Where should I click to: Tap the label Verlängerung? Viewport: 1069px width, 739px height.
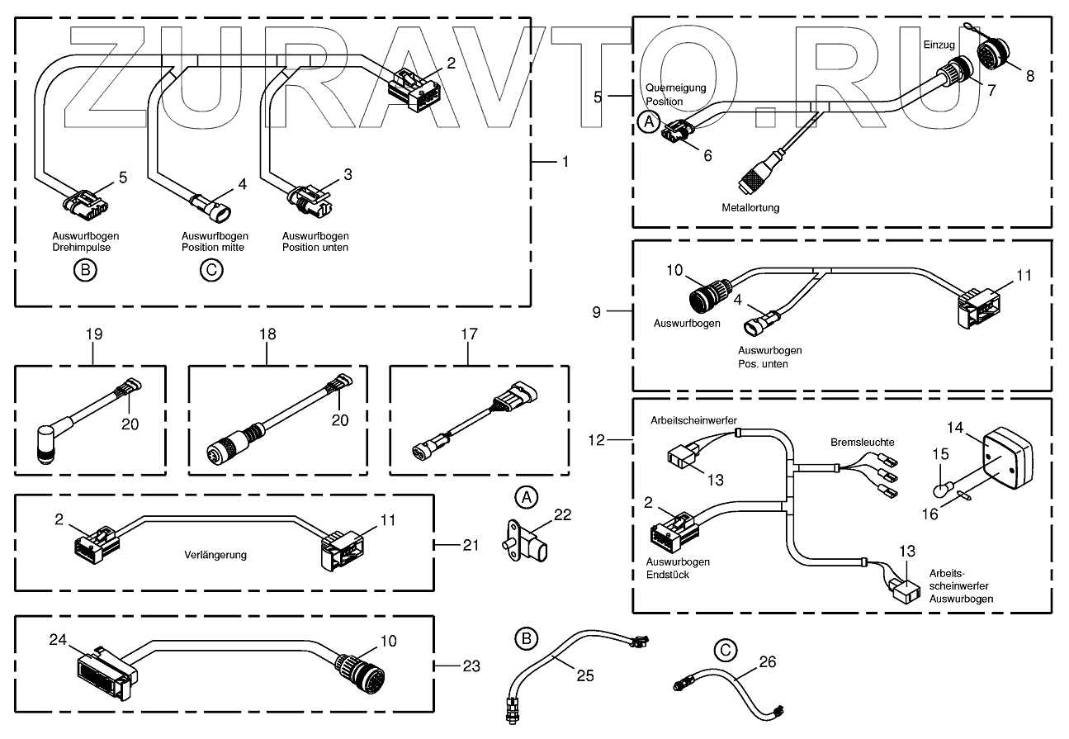[215, 555]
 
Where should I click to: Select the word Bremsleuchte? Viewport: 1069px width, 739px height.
[862, 443]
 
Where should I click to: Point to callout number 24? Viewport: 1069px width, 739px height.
[57, 640]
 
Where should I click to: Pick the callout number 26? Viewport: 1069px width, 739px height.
[767, 661]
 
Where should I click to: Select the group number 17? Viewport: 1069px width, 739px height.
[468, 334]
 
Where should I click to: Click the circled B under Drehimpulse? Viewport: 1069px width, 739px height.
[84, 270]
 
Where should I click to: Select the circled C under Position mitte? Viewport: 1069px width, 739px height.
[212, 270]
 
